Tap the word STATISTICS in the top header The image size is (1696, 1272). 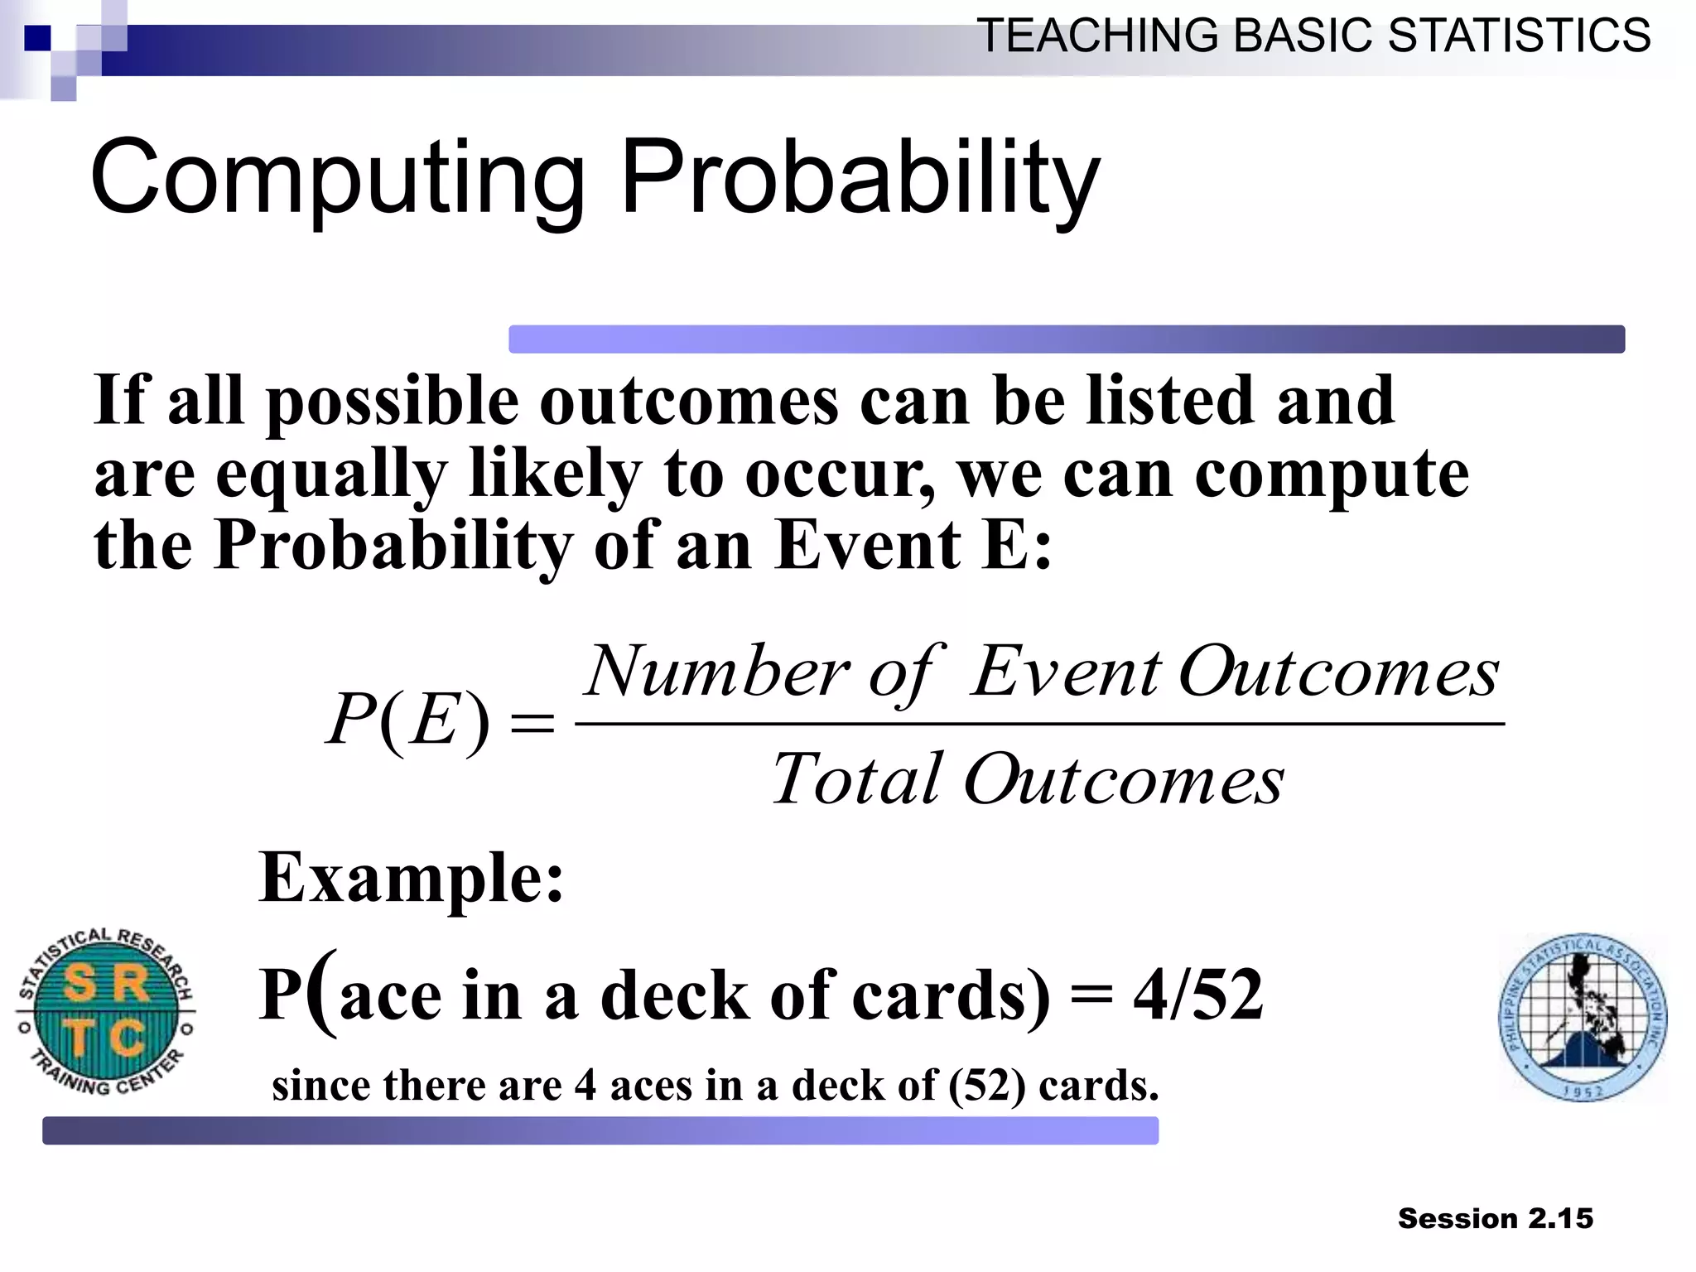tap(1519, 36)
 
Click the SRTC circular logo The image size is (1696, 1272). tap(105, 1011)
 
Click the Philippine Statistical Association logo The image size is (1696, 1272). tap(1583, 1018)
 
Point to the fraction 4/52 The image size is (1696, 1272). tap(1197, 995)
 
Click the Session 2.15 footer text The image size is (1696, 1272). tap(1495, 1218)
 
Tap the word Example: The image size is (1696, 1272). tap(411, 878)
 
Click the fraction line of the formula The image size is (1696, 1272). tap(1039, 725)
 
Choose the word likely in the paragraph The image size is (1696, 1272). tap(554, 475)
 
